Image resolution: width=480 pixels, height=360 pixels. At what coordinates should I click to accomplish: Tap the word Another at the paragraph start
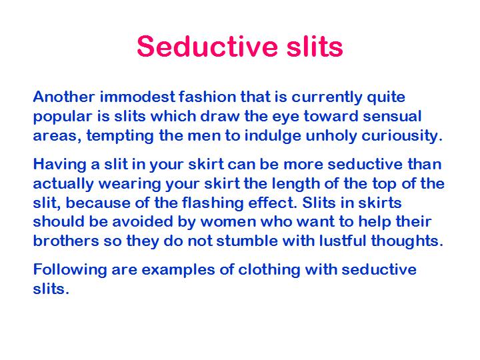pyautogui.click(x=64, y=97)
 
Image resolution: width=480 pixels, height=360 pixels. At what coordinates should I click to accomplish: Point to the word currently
pyautogui.click(x=327, y=98)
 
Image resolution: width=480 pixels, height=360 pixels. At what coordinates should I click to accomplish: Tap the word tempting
pyautogui.click(x=120, y=137)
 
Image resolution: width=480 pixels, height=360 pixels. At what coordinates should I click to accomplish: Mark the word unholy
pyautogui.click(x=331, y=135)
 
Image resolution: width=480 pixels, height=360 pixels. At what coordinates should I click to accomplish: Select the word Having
pyautogui.click(x=60, y=165)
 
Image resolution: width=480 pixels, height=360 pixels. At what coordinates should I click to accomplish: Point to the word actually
pyautogui.click(x=63, y=185)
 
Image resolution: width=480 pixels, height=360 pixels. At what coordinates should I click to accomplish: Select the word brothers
pyautogui.click(x=66, y=241)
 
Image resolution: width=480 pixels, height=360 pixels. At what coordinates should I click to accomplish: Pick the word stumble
pyautogui.click(x=247, y=241)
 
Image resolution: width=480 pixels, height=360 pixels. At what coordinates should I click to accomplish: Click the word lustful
pyautogui.click(x=343, y=241)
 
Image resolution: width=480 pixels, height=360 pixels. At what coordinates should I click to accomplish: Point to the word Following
pyautogui.click(x=70, y=271)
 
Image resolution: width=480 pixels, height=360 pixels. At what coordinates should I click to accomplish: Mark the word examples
pyautogui.click(x=178, y=271)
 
